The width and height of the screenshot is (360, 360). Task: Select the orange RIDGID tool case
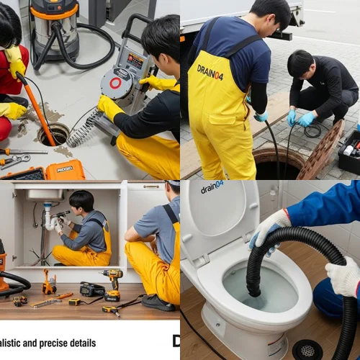[65, 170]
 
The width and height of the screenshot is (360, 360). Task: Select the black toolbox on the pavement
[348, 152]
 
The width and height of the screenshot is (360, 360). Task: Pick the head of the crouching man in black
[300, 65]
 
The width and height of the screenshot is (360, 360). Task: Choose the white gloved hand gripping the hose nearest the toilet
[268, 230]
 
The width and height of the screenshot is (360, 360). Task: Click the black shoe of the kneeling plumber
[158, 303]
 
